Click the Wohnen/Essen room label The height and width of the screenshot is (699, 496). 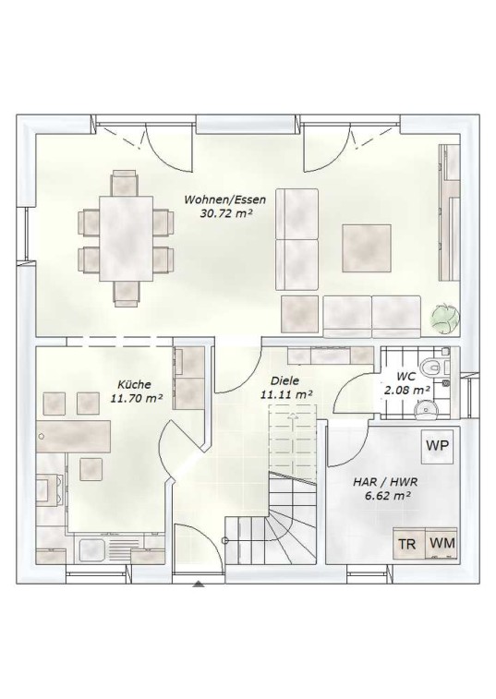(224, 199)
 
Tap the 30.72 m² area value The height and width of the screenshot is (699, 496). (226, 213)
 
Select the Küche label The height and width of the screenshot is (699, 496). (134, 384)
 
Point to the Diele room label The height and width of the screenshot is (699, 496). (284, 381)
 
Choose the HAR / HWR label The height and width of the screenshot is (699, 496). (385, 482)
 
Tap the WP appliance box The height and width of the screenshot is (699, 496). (437, 446)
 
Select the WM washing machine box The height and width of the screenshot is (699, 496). (442, 543)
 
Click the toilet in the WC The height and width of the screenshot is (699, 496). (431, 367)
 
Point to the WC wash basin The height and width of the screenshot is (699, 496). (427, 409)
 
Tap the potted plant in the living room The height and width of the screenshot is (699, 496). (445, 317)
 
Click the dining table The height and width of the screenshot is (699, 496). (127, 238)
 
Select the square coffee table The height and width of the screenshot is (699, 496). (367, 248)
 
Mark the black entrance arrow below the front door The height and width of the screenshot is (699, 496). (199, 584)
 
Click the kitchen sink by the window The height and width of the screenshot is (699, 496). (91, 549)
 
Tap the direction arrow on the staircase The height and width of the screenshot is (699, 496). (292, 417)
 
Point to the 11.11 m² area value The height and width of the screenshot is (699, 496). (286, 394)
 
